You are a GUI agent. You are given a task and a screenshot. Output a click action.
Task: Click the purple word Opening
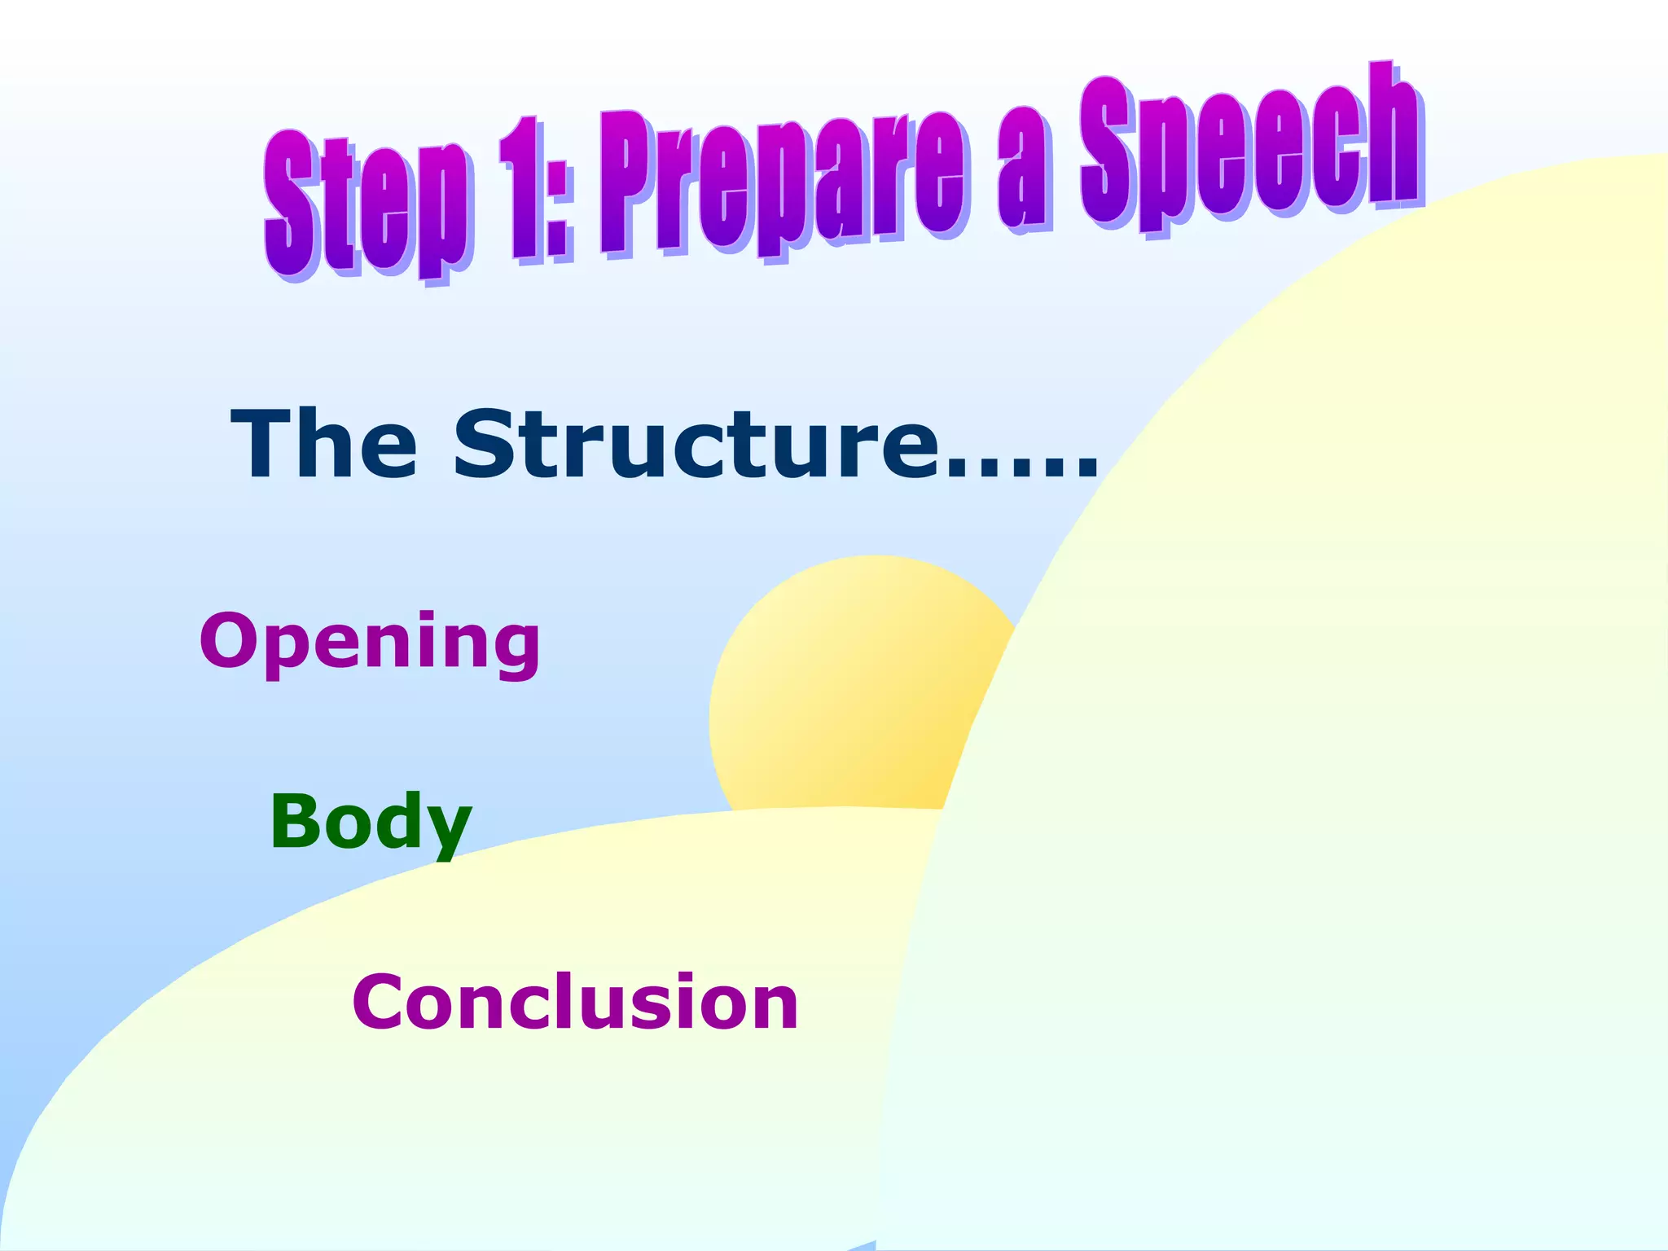(x=371, y=643)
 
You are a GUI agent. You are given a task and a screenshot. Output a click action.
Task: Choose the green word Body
(x=371, y=823)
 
